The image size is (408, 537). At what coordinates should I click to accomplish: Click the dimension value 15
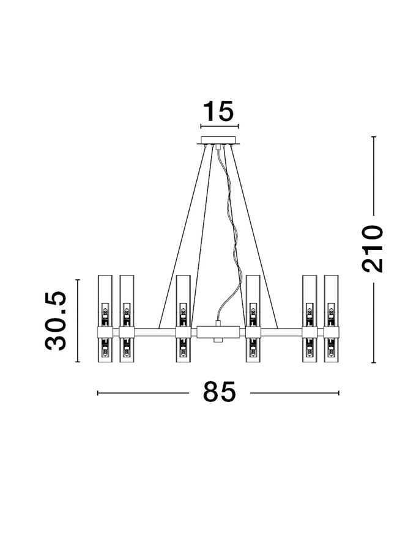pos(218,112)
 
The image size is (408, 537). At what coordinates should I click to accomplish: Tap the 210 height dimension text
pos(372,248)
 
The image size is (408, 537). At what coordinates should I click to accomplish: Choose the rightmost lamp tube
pos(332,319)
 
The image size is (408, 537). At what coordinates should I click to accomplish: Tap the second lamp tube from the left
pos(127,319)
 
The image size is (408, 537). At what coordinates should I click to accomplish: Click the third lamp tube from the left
pos(183,319)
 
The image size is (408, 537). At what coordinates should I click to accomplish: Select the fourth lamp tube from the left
pos(254,319)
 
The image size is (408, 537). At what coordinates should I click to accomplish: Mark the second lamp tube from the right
pos(310,319)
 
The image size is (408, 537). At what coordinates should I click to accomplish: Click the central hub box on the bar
pos(218,332)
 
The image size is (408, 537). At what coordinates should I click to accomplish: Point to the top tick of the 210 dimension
pos(373,137)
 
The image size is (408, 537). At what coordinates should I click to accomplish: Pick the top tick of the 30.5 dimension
pos(78,279)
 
